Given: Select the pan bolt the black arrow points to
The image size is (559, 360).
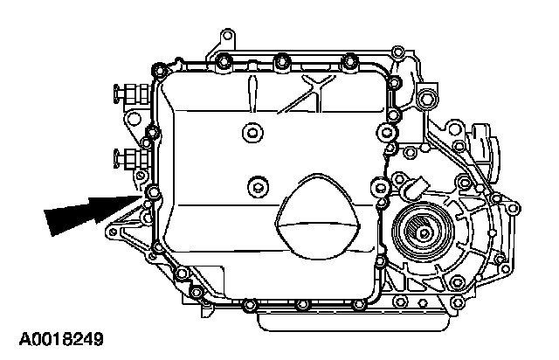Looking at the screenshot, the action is click(155, 191).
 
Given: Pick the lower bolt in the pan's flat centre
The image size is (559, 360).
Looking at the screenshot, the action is click(256, 186).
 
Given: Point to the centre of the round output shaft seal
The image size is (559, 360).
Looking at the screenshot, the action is click(422, 234).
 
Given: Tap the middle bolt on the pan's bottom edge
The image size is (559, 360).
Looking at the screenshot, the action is click(301, 305).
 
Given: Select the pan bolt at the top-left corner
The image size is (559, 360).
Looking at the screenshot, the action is click(158, 69).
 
